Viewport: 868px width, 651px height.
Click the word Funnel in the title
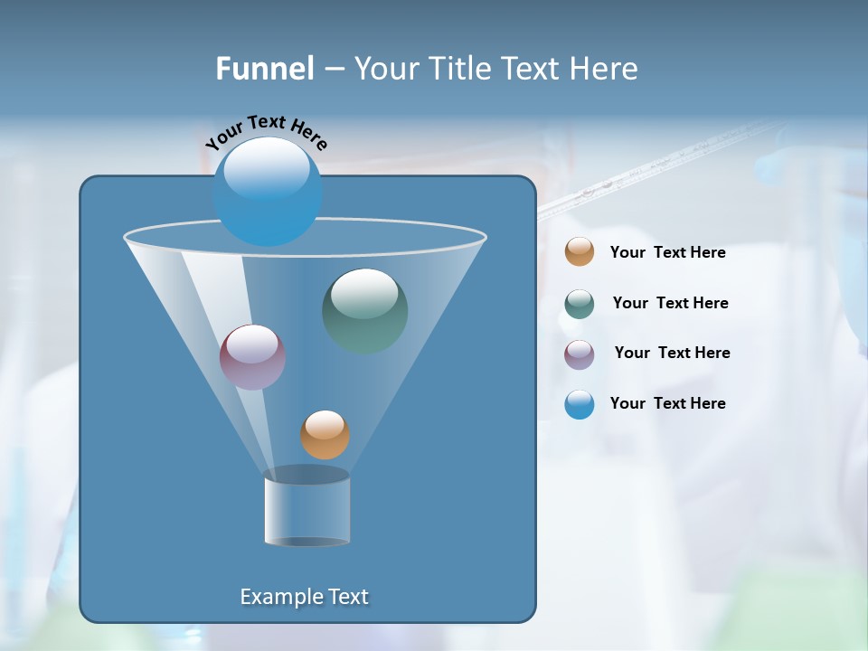coord(265,69)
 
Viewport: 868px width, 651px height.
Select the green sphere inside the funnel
coord(365,311)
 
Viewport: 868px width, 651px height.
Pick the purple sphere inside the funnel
coord(253,357)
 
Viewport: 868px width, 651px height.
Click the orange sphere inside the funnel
coord(325,435)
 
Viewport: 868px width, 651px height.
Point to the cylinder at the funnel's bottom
coord(307,508)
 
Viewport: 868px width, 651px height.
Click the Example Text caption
coord(305,597)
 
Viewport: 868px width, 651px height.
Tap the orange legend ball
coord(580,252)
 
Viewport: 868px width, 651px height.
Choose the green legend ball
coord(580,303)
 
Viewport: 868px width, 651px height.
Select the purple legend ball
coord(580,354)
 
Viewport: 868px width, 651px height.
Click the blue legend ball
coord(580,404)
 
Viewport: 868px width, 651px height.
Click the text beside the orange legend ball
coord(667,253)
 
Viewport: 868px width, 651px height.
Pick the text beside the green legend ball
coord(670,304)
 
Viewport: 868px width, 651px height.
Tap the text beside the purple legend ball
coord(672,353)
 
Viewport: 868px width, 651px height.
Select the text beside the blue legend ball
coord(667,403)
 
